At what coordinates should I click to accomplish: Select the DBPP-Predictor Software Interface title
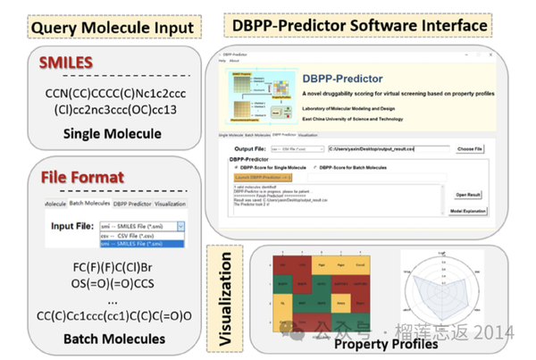356,26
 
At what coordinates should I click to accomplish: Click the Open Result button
470,194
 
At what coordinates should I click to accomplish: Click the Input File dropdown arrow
179,228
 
